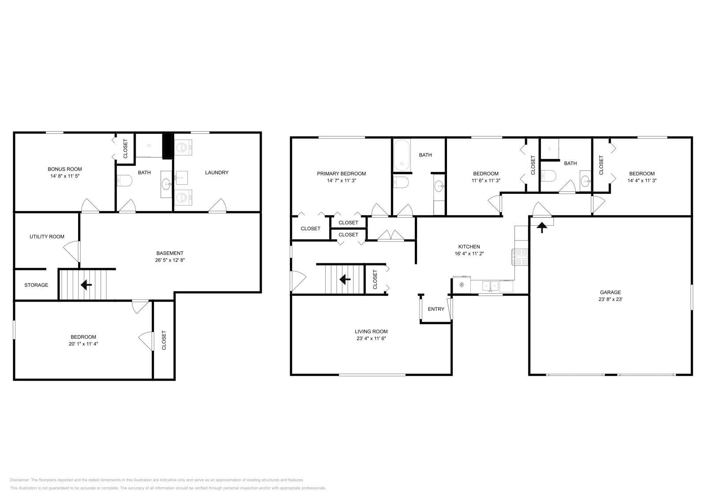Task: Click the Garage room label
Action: click(x=610, y=292)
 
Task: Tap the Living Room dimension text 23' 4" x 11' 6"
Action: click(x=371, y=338)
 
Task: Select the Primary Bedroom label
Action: click(x=342, y=174)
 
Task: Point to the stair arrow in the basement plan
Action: click(x=86, y=285)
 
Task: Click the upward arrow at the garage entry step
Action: click(x=542, y=227)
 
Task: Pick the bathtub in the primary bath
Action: click(x=402, y=155)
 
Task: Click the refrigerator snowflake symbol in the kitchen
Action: click(x=462, y=285)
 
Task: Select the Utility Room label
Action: click(x=47, y=237)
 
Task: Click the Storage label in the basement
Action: click(x=36, y=285)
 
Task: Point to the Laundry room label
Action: click(x=217, y=173)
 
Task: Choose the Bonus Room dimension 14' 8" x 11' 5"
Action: click(x=65, y=176)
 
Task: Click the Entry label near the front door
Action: click(x=436, y=309)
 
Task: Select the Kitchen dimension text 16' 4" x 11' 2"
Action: click(x=469, y=254)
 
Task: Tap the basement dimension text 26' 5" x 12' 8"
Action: click(x=170, y=260)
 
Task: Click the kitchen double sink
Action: click(x=490, y=286)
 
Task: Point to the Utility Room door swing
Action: click(x=72, y=251)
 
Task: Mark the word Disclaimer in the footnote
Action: click(x=19, y=480)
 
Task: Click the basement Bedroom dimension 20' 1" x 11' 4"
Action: click(x=83, y=344)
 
